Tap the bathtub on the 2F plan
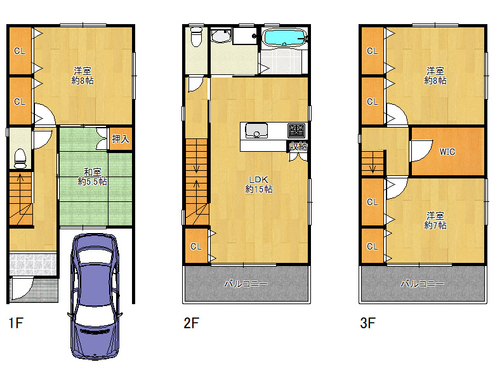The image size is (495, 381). click(285, 37)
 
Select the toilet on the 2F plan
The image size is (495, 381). click(196, 37)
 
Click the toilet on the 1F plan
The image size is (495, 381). click(20, 158)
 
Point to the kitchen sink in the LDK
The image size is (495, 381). click(256, 130)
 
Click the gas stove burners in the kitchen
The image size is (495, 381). click(296, 131)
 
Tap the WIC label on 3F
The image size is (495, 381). click(447, 152)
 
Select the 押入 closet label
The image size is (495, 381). click(121, 138)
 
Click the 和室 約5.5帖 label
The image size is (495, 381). click(92, 177)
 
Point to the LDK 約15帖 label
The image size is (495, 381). click(258, 185)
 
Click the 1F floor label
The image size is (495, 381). click(16, 323)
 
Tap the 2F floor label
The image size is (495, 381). click(191, 323)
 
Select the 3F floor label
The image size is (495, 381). click(367, 323)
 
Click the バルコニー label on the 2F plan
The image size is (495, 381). click(246, 284)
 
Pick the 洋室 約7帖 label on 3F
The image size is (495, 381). click(435, 220)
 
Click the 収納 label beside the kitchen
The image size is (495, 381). click(298, 146)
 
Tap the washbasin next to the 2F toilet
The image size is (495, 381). click(220, 36)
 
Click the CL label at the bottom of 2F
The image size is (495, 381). click(196, 246)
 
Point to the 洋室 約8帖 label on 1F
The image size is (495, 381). click(82, 76)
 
